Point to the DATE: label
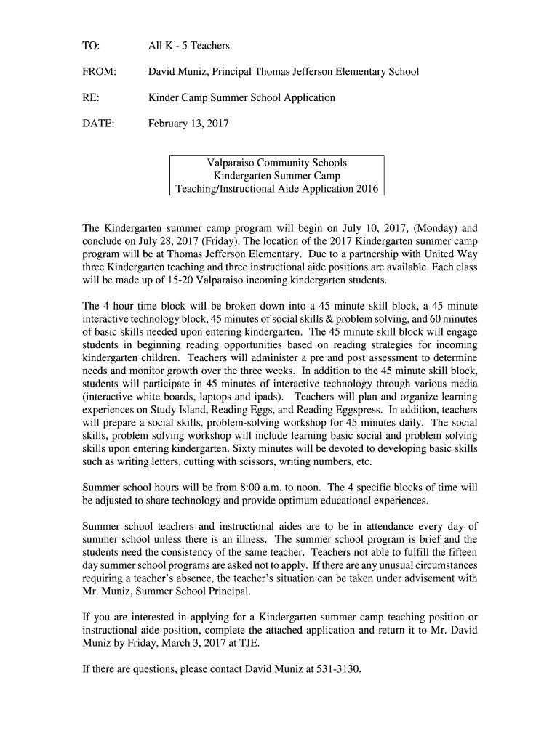tap(99, 124)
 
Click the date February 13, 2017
tap(188, 124)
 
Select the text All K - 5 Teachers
tap(189, 46)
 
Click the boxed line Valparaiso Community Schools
tap(277, 163)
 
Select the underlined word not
tap(260, 565)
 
